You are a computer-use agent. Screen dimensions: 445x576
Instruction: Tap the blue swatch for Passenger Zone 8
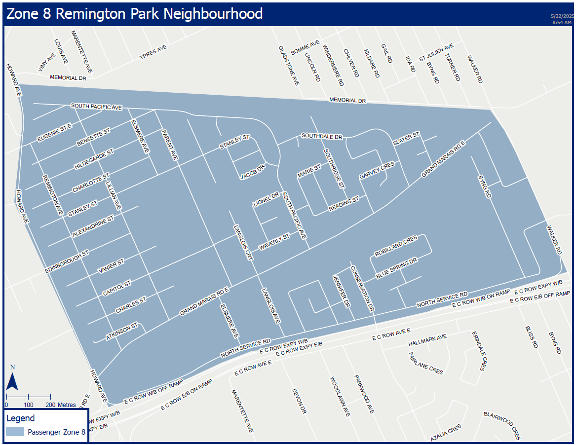click(x=15, y=432)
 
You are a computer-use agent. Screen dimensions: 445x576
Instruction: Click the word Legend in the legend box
click(x=21, y=418)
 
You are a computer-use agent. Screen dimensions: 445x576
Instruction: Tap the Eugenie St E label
click(x=54, y=134)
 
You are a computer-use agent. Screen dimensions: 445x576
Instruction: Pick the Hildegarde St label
click(x=94, y=158)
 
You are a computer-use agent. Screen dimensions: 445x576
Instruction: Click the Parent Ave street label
click(x=169, y=145)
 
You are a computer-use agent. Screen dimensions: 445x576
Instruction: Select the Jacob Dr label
click(x=253, y=171)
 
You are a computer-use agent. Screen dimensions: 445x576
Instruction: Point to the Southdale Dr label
click(x=322, y=136)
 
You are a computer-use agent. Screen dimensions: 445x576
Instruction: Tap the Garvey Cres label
click(x=377, y=170)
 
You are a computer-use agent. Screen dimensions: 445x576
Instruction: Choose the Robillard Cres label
click(x=396, y=245)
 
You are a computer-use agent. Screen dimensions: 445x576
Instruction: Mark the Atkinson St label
click(x=121, y=332)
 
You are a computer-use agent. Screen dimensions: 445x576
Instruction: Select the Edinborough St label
click(x=66, y=261)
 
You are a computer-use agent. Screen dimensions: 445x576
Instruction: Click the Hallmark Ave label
click(x=427, y=340)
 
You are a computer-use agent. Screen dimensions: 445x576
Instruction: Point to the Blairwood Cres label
click(x=502, y=425)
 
